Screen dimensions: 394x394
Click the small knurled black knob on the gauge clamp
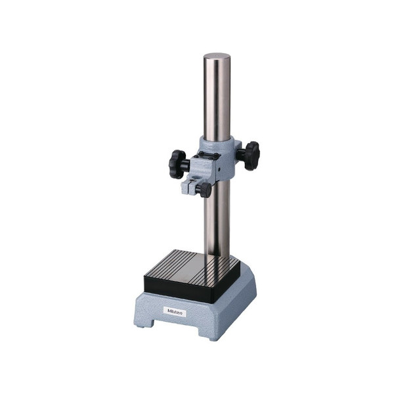point(205,190)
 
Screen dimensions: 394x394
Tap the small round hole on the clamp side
point(219,170)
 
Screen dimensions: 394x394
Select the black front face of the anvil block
point(192,288)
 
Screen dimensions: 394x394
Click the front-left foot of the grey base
point(144,323)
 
